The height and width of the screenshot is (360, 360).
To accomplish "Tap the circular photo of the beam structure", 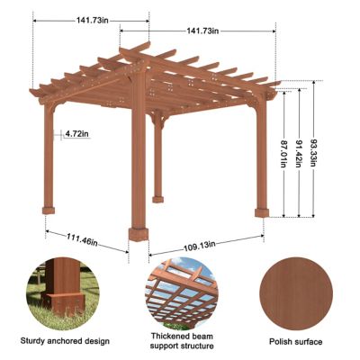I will [179, 291].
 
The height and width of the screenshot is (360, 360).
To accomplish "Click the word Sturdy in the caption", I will [37, 341].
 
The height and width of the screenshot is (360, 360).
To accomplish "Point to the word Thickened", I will [163, 334].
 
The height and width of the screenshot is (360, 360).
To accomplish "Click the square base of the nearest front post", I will [139, 235].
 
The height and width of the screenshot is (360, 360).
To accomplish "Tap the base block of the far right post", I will [262, 213].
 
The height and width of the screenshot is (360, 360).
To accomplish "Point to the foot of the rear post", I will [158, 194].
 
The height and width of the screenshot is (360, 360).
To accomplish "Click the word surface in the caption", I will [307, 342].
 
